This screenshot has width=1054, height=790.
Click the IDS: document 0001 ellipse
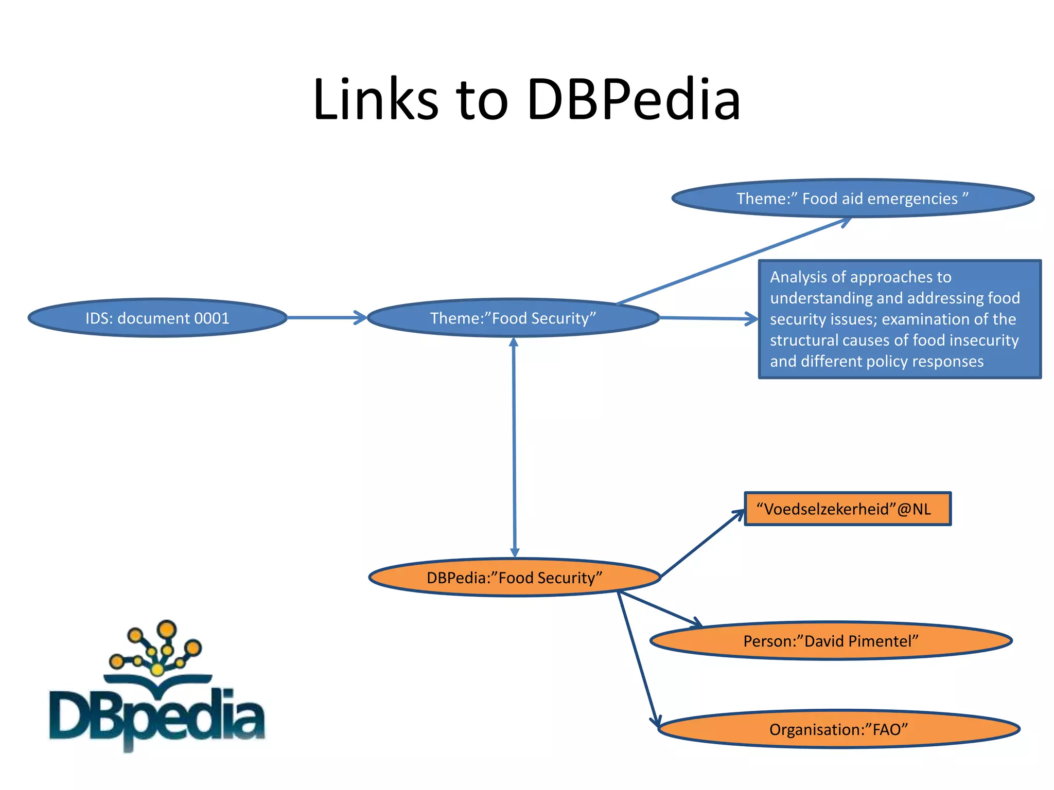[x=157, y=318]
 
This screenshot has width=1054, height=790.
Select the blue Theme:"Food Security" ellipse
[x=513, y=318]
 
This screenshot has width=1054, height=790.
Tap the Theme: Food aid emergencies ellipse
[x=852, y=199]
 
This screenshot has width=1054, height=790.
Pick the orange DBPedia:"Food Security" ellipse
[x=514, y=578]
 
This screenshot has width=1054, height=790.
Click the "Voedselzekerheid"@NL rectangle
[x=847, y=509]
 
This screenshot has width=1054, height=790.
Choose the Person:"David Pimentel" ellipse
[x=831, y=641]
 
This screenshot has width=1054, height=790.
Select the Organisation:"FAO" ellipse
[x=838, y=729]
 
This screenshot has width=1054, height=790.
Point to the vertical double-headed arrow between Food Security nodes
[x=514, y=447]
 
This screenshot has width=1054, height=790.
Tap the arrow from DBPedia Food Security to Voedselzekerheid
[x=702, y=543]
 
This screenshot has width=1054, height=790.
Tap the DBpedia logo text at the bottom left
[x=157, y=717]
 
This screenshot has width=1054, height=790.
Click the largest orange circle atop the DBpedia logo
[x=166, y=629]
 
